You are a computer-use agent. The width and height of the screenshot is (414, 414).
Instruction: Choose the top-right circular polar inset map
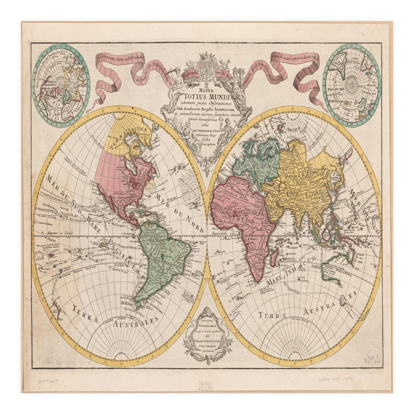tap(352, 85)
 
